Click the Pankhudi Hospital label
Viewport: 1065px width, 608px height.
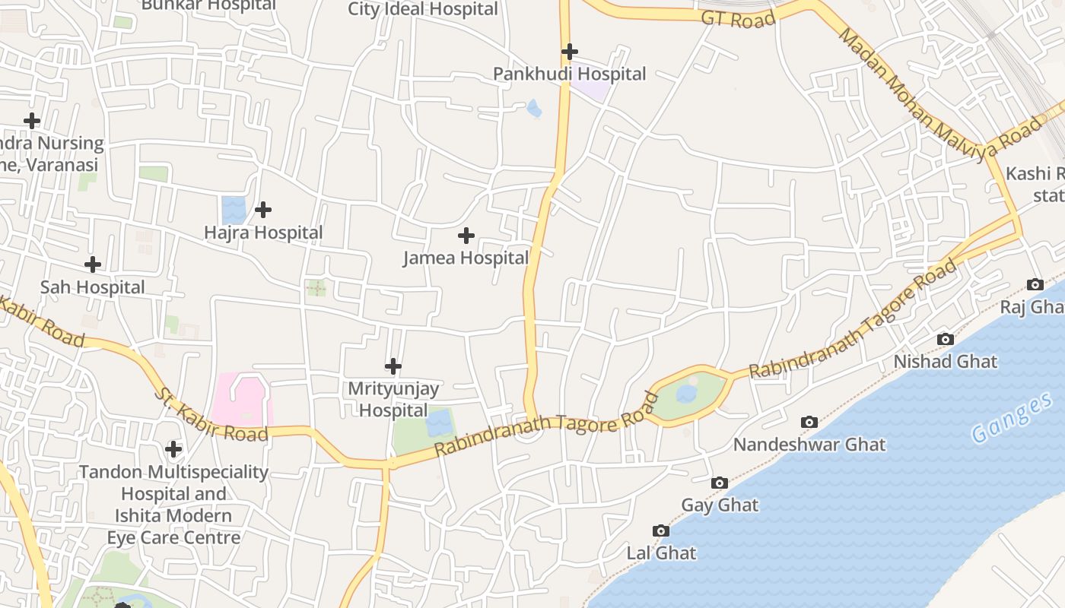click(569, 74)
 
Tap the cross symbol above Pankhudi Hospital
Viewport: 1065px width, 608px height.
click(569, 52)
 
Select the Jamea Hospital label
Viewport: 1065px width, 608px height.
click(466, 258)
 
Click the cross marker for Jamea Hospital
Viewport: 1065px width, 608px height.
click(466, 236)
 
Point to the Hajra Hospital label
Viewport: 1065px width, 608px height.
click(263, 233)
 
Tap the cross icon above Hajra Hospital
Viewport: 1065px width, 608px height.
click(263, 209)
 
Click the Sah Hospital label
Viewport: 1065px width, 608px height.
click(92, 287)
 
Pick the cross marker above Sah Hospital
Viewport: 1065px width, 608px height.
click(92, 264)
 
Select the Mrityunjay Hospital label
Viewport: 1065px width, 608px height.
click(393, 400)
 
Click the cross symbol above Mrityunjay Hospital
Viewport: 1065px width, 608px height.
click(393, 366)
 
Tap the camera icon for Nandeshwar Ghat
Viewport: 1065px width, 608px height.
click(809, 422)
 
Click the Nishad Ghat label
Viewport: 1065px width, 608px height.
click(945, 362)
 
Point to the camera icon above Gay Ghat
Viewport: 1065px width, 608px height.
click(719, 483)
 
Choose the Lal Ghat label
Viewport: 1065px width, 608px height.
click(661, 553)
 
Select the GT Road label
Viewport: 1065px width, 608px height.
click(737, 19)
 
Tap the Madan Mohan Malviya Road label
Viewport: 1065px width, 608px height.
click(940, 90)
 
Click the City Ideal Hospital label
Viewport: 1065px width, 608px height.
click(423, 9)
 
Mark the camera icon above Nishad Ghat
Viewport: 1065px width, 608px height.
click(945, 339)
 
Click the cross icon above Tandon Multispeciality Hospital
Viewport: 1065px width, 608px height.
click(173, 449)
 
